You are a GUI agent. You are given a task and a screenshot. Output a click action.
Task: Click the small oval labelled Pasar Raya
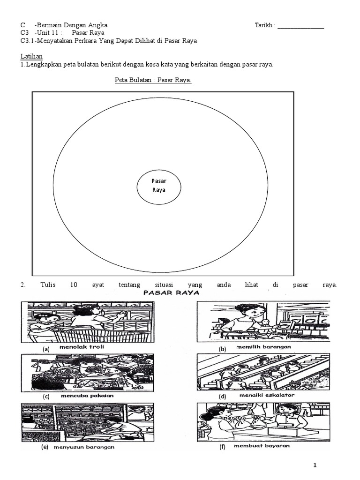[x=158, y=186]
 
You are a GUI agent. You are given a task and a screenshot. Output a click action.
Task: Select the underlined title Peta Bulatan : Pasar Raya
[x=153, y=80]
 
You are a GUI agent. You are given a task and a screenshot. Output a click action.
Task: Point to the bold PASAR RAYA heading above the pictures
[x=172, y=292]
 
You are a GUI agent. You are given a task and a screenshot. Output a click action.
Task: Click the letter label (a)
[x=46, y=349]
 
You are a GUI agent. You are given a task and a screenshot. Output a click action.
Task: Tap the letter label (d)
[x=223, y=397]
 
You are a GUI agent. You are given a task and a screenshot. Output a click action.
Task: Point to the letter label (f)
[x=223, y=448]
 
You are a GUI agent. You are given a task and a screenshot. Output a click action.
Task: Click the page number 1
[x=315, y=465]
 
